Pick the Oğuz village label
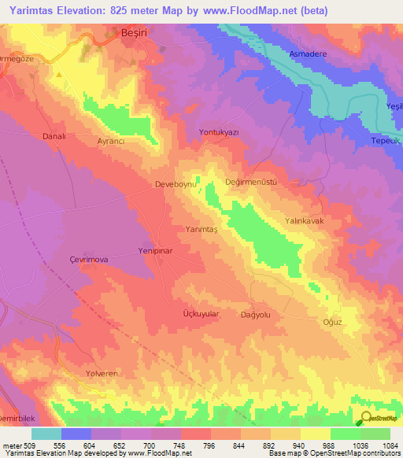tap(335, 321)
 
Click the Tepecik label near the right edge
tap(386, 141)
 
